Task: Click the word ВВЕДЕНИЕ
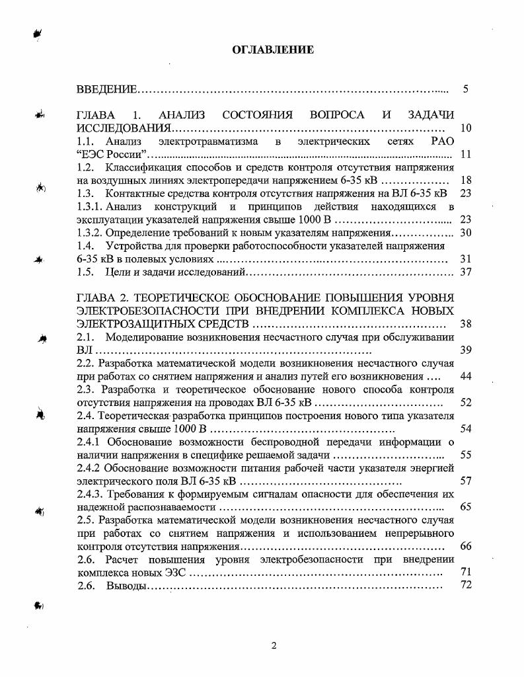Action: (106, 89)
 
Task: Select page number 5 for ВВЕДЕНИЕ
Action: (465, 89)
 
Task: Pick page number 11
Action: (465, 154)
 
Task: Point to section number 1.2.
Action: (85, 167)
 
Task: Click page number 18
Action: (465, 180)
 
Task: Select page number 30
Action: (465, 232)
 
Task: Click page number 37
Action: (465, 272)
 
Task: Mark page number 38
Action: (465, 324)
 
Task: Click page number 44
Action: (465, 376)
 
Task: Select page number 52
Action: (465, 402)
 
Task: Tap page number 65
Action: (465, 507)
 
